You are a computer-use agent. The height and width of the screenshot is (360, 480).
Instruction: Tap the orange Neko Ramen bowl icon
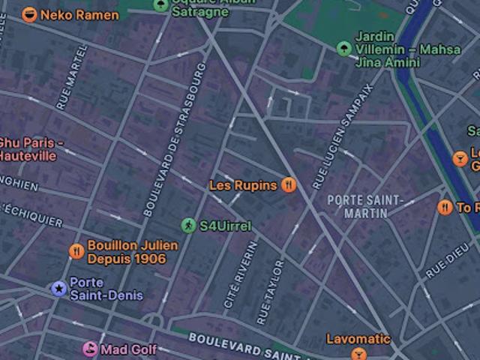click(29, 14)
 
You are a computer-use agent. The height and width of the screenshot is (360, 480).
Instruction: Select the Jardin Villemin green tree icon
click(343, 49)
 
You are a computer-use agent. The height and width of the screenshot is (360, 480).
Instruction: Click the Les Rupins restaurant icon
click(289, 185)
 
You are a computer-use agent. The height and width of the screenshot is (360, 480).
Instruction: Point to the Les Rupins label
click(243, 185)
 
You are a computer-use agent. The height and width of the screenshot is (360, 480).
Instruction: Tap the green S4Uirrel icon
click(188, 225)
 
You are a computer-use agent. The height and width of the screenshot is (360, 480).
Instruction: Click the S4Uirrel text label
click(226, 226)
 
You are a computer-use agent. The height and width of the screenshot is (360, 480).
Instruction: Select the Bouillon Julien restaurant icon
click(76, 251)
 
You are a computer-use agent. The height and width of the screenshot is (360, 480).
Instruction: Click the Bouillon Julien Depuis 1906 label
click(133, 252)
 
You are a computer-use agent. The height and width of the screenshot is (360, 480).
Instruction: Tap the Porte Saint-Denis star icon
click(58, 288)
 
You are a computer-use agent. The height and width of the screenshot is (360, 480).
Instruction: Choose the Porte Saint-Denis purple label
click(106, 289)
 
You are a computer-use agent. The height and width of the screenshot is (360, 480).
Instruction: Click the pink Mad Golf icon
click(90, 349)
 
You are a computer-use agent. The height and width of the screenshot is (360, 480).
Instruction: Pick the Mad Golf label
click(129, 349)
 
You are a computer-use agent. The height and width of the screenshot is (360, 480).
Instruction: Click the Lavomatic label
click(358, 339)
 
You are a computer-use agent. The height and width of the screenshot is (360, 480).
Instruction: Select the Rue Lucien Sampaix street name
click(342, 135)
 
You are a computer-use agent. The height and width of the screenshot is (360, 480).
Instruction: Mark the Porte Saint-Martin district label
click(365, 206)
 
